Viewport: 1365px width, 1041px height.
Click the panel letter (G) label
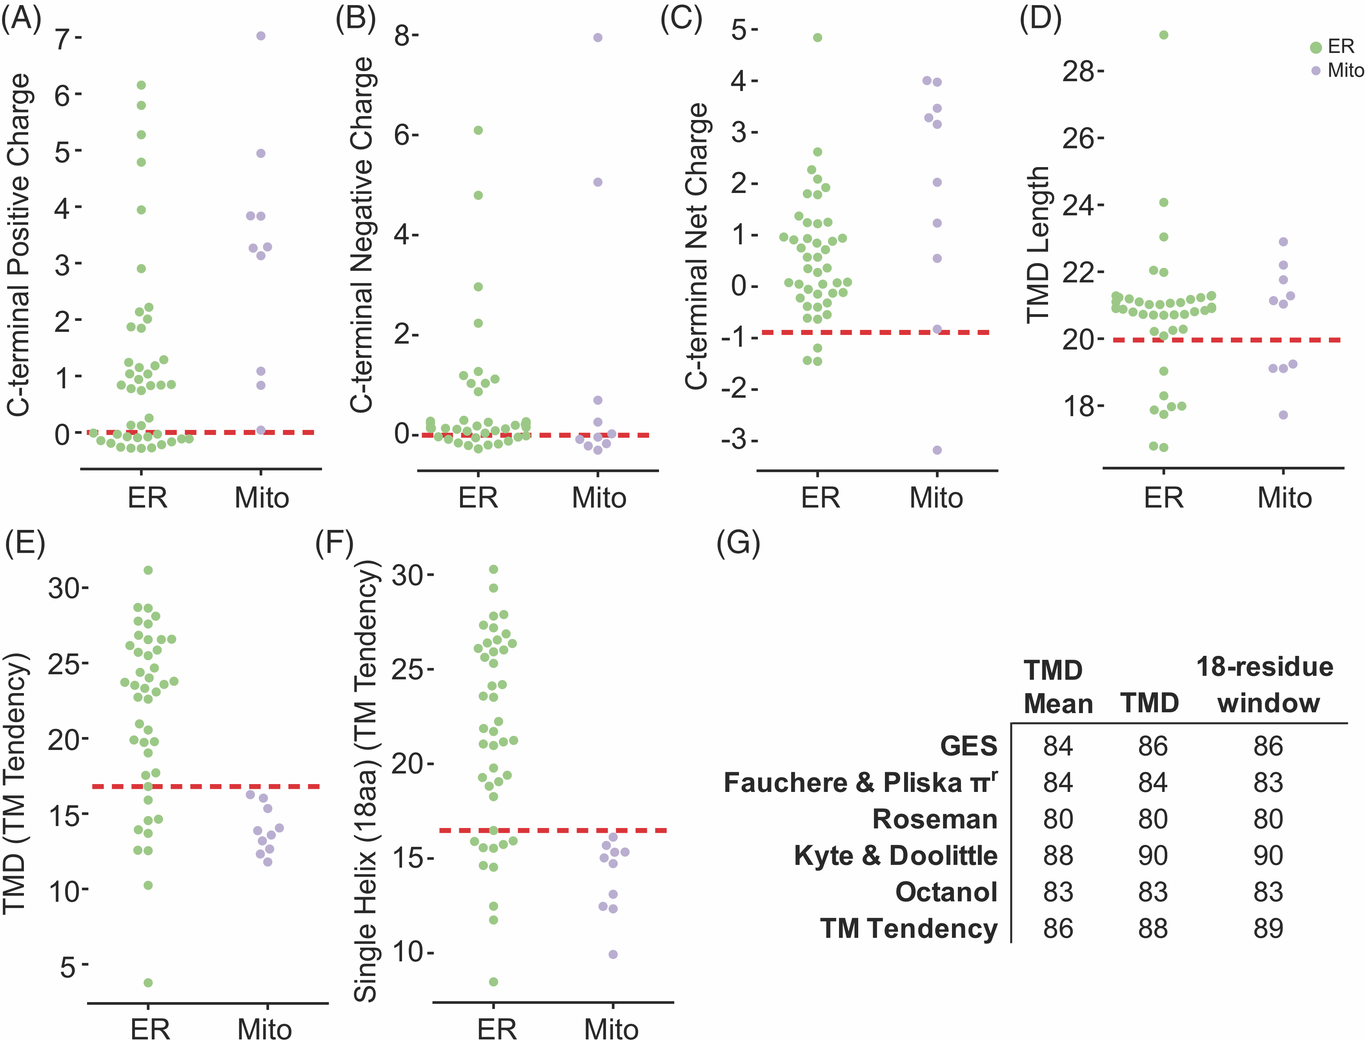point(737,543)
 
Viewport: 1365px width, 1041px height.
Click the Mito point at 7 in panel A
point(261,36)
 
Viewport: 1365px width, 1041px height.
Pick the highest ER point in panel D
point(1164,35)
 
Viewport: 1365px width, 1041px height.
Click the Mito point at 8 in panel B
point(598,38)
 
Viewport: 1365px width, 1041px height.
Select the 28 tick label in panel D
point(1078,72)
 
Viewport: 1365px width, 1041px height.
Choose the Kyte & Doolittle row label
point(896,856)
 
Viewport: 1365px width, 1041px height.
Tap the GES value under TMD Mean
point(1057,746)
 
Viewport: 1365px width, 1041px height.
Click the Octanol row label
point(946,892)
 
